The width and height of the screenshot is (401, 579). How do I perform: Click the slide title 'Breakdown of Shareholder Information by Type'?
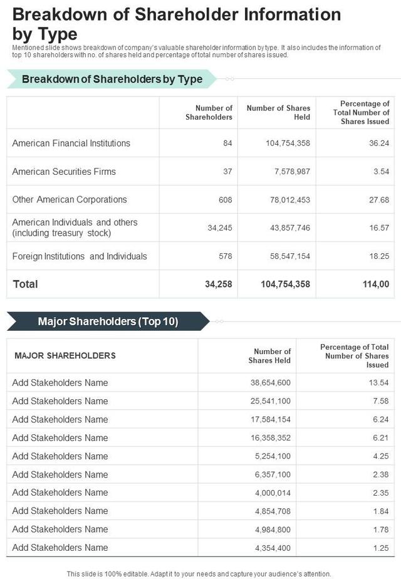[x=177, y=23]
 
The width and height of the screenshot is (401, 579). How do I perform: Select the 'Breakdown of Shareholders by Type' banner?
[x=112, y=79]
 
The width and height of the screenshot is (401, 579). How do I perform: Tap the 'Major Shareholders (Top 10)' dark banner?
[x=108, y=321]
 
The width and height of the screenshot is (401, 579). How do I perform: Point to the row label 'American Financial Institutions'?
[x=71, y=143]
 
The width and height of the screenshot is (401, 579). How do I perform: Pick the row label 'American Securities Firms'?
[x=64, y=172]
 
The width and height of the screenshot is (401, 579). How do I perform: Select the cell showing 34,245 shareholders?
[x=220, y=228]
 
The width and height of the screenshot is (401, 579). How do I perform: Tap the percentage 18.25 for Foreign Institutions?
[x=379, y=256]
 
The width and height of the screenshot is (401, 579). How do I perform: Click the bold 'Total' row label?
[x=26, y=284]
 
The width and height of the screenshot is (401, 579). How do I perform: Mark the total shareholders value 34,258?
[x=219, y=284]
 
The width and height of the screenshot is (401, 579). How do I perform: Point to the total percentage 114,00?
[x=375, y=284]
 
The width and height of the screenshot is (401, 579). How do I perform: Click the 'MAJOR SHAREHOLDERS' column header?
[x=65, y=356]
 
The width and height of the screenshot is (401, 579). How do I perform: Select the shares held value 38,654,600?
[x=271, y=383]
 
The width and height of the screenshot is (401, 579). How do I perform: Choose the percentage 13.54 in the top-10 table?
[x=379, y=383]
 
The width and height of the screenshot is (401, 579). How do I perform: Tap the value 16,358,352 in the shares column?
[x=271, y=438]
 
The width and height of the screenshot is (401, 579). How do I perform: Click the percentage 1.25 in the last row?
[x=381, y=548]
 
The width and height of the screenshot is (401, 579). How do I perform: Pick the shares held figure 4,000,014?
[x=273, y=493]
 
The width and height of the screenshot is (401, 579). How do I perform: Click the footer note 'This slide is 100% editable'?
[x=199, y=573]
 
